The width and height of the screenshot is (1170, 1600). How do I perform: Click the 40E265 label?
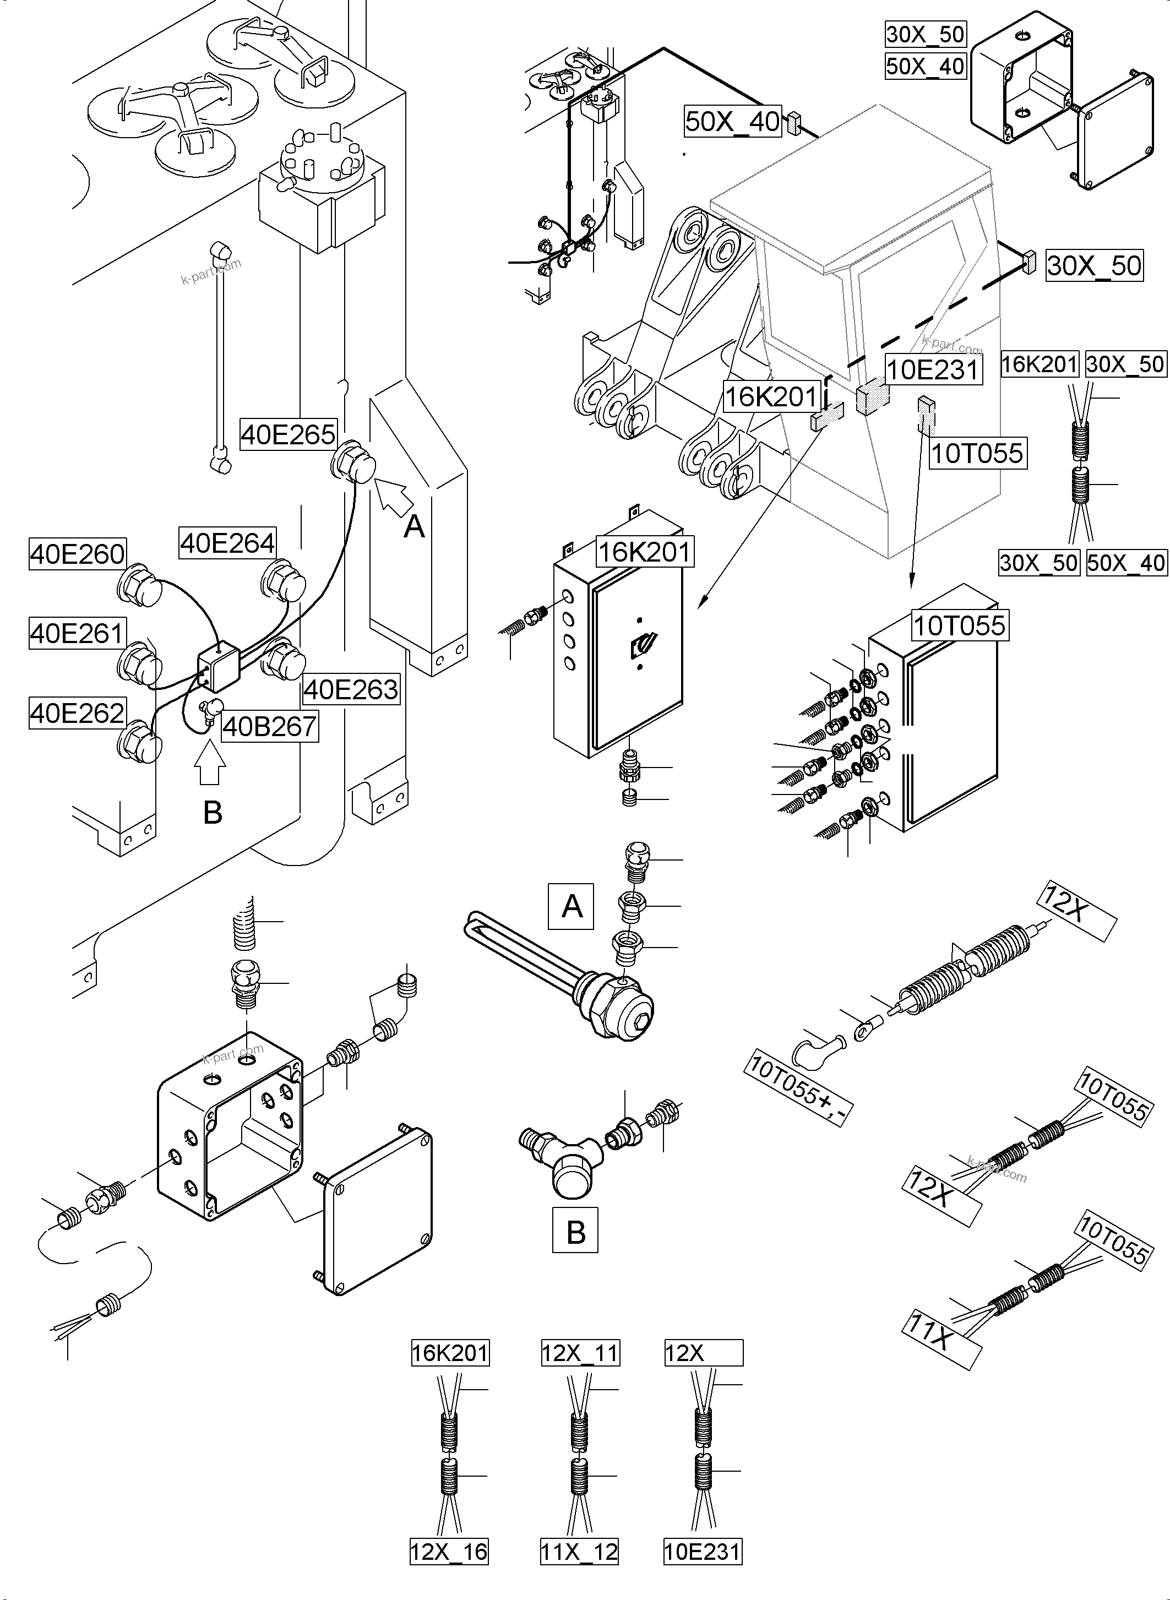pyautogui.click(x=287, y=434)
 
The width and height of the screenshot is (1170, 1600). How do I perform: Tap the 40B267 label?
pyautogui.click(x=269, y=726)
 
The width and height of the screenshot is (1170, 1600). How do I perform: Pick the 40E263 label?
pyautogui.click(x=351, y=689)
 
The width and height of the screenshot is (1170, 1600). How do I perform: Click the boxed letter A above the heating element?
pyautogui.click(x=572, y=906)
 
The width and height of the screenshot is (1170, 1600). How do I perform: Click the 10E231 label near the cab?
pyautogui.click(x=933, y=370)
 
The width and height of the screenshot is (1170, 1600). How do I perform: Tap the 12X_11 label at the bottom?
pyautogui.click(x=580, y=1353)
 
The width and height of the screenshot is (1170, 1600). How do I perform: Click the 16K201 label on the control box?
pyautogui.click(x=644, y=551)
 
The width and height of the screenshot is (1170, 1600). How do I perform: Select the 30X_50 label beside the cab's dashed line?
pyautogui.click(x=1093, y=265)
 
